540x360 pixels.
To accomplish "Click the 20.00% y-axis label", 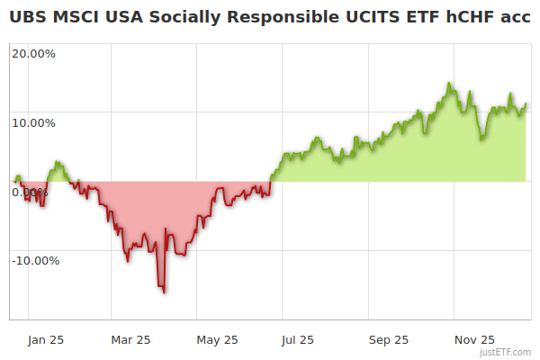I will coord(33,53).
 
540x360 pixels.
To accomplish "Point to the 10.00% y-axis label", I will coord(33,122).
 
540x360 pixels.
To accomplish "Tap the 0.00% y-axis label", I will coord(30,192).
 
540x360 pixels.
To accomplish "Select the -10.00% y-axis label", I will coord(35,261).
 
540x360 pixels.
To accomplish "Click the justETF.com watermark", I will coord(505,353).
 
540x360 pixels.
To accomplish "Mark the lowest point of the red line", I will coord(164,292).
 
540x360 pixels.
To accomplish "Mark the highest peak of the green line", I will coord(448,83).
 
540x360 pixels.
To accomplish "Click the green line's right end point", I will coord(526,104).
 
